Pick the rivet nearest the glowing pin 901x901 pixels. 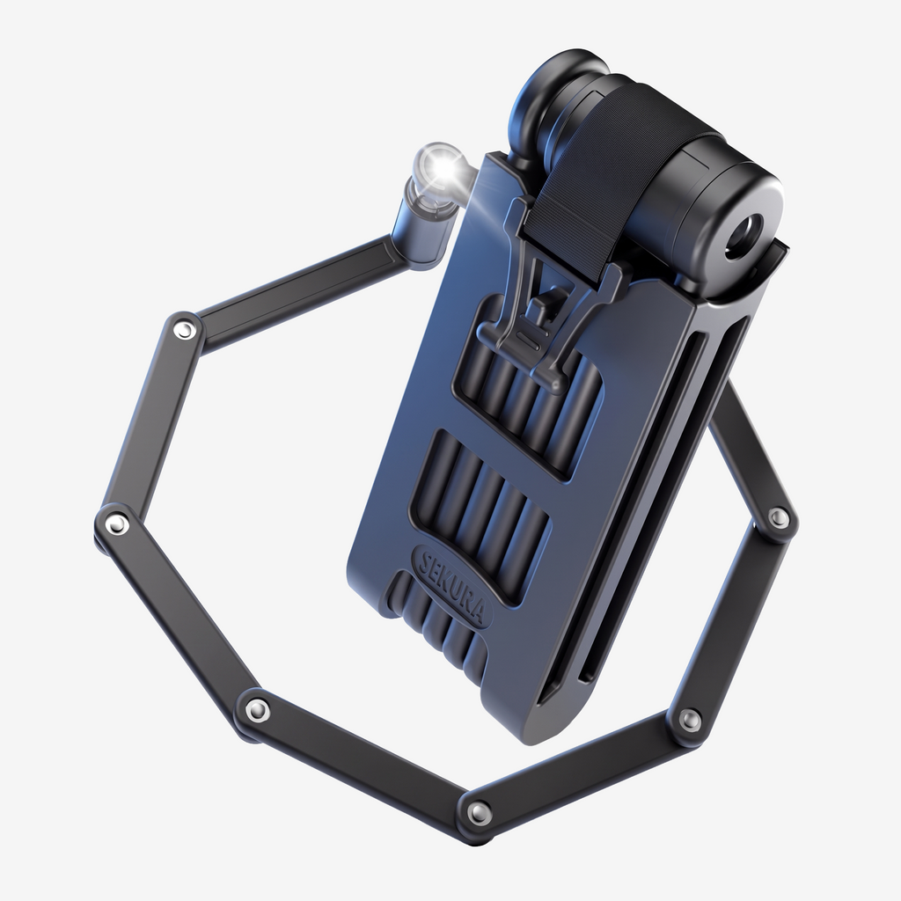pos(185,331)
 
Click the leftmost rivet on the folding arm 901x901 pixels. pos(117,523)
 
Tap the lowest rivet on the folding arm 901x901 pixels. pos(479,813)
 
